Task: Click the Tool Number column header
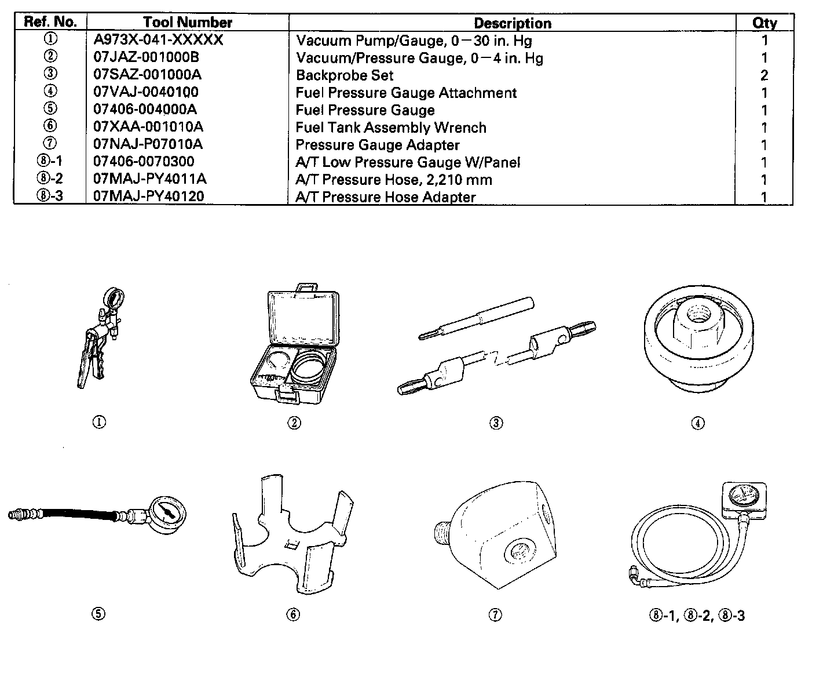(188, 23)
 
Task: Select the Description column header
(512, 23)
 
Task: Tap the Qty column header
(765, 23)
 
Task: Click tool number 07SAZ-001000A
(147, 75)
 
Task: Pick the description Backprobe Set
(345, 75)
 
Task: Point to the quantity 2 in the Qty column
(765, 75)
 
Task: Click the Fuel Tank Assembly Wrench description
(391, 128)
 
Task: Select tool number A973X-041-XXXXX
(158, 40)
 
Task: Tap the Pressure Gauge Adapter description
(378, 145)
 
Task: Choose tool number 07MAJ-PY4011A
(150, 179)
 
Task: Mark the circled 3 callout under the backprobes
(496, 423)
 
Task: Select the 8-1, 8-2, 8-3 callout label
(697, 616)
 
